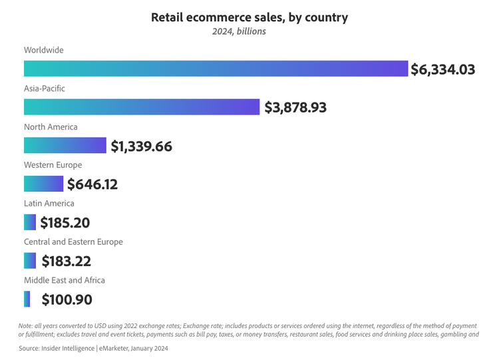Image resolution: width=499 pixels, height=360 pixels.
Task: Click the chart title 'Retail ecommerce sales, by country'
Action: click(x=249, y=17)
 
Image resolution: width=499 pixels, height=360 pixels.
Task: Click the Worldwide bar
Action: click(x=216, y=69)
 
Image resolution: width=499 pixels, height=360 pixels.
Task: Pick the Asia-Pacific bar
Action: click(x=142, y=107)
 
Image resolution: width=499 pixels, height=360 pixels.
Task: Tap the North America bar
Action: click(x=65, y=146)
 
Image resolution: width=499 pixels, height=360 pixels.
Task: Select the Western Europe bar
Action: click(x=43, y=184)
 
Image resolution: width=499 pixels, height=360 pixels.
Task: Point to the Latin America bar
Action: click(x=30, y=222)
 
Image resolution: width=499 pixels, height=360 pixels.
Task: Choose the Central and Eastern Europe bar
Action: click(x=30, y=261)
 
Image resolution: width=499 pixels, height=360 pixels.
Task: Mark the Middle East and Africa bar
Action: click(x=27, y=299)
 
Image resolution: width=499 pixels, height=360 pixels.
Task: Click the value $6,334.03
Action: click(x=442, y=69)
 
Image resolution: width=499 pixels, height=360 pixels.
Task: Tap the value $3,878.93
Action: click(x=295, y=107)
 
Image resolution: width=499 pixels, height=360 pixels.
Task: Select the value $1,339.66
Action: click(x=141, y=146)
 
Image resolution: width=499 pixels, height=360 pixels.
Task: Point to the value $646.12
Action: click(x=92, y=184)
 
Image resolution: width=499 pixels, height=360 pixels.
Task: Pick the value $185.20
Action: click(x=65, y=223)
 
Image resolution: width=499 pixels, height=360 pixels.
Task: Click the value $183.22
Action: click(x=66, y=262)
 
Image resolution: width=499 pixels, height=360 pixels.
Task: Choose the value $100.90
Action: click(x=67, y=300)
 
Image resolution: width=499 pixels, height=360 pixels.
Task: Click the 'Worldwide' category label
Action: click(x=43, y=50)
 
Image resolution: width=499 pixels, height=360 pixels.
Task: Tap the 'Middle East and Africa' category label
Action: click(x=65, y=280)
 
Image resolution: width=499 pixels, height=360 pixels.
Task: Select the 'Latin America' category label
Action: click(x=49, y=203)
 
